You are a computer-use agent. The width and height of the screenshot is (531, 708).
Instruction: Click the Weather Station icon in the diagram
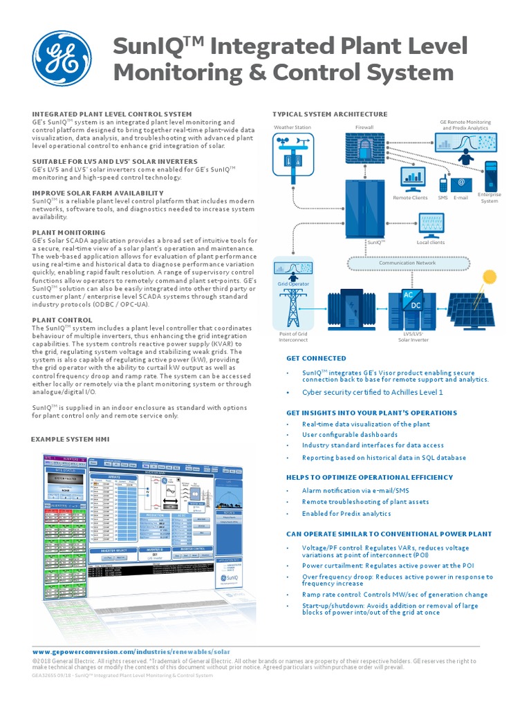point(292,158)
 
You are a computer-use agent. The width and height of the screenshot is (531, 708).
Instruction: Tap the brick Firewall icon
point(364,153)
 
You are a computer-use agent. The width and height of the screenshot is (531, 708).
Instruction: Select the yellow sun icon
point(490,277)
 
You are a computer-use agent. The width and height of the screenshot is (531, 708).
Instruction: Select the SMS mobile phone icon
point(443,185)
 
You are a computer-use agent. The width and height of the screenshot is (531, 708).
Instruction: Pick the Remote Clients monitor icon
point(413,180)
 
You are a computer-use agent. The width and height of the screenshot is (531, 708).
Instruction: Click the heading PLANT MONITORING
point(68,233)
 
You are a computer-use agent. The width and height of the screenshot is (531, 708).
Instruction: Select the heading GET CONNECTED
point(316,358)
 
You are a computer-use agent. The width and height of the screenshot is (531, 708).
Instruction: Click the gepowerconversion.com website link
point(131,651)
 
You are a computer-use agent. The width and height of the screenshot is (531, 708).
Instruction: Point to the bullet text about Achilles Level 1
point(372,392)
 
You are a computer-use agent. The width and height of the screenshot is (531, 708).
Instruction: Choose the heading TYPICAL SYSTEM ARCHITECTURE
point(330,114)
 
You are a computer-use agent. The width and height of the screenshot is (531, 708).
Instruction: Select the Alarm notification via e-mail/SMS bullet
point(355,490)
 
